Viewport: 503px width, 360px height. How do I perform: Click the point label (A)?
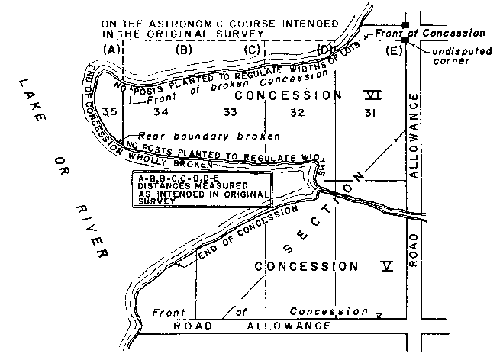tap(112, 50)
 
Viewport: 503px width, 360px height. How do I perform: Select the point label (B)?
tap(185, 50)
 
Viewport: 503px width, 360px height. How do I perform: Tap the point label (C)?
tap(253, 50)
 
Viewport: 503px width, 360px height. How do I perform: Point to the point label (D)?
tap(325, 50)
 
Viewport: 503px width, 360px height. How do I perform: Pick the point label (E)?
tap(394, 51)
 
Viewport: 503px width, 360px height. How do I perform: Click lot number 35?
tap(110, 113)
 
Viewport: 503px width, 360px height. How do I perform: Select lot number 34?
tap(160, 113)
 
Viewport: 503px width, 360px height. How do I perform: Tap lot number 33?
tap(231, 113)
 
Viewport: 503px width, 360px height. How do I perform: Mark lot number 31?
tap(371, 113)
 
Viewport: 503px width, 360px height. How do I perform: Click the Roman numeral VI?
tap(372, 95)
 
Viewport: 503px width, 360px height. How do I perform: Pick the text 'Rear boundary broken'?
tap(208, 136)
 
